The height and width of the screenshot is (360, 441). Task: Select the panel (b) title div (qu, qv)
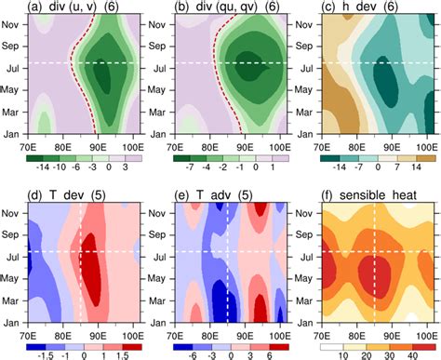pos(226,7)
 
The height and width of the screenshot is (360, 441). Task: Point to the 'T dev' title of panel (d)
pos(66,195)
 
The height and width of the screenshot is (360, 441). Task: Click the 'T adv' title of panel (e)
pos(213,195)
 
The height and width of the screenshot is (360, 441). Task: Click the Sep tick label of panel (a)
pos(10,46)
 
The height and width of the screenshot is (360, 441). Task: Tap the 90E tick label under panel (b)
pos(245,147)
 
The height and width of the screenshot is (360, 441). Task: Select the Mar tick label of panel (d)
pos(10,300)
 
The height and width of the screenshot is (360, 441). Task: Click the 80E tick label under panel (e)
pos(210,336)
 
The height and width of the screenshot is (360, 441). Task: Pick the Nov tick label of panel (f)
pos(304,213)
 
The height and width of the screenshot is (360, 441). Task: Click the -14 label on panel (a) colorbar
pos(43,167)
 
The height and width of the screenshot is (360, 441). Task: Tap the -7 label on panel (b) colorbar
pos(190,167)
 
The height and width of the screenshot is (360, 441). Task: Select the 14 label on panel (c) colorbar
pos(416,167)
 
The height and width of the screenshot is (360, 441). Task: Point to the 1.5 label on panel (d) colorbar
pos(122,356)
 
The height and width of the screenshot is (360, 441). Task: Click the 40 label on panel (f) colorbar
pos(412,356)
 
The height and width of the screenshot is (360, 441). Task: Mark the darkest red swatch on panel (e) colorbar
pos(279,347)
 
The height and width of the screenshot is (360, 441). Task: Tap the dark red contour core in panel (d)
pos(91,269)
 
